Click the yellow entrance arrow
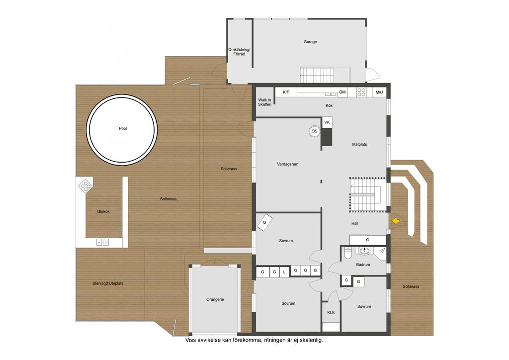(395, 221)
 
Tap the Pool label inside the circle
(123, 128)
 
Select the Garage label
(310, 42)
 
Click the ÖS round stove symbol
(314, 131)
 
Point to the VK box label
(327, 122)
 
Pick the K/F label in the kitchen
(286, 92)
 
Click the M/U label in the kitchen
(379, 92)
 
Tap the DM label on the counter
(342, 92)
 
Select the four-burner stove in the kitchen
(361, 92)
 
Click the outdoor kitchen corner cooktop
(85, 185)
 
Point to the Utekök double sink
(102, 242)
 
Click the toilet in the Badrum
(347, 253)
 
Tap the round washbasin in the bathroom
(365, 251)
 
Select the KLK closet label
(331, 312)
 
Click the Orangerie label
(215, 299)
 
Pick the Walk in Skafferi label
(264, 102)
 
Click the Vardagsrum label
(288, 164)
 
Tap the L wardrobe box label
(284, 272)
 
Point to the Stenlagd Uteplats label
(108, 283)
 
